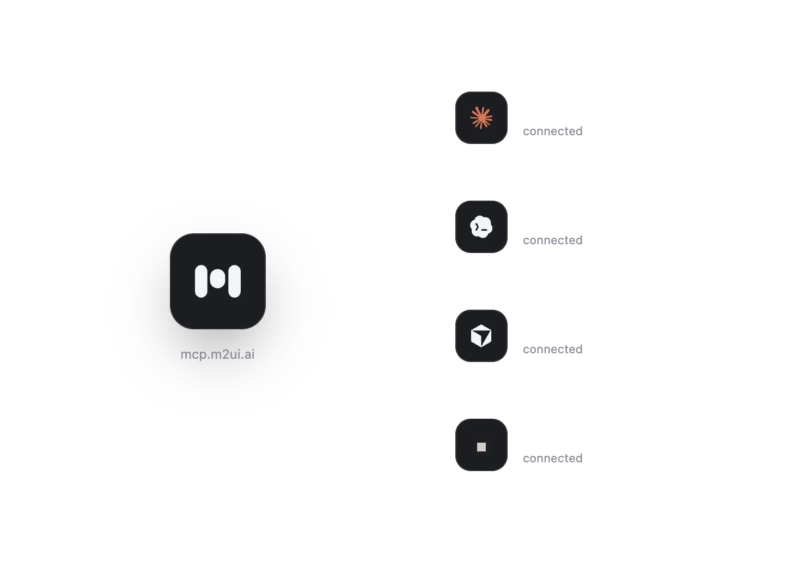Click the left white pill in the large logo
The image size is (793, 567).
pos(201,281)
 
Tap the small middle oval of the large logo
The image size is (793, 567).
pos(217,279)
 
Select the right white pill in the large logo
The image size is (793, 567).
pos(234,281)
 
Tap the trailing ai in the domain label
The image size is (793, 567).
pos(249,354)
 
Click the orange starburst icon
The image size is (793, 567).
pos(481,118)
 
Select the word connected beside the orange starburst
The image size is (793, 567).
pos(553,131)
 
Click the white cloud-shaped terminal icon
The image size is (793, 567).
pos(481,227)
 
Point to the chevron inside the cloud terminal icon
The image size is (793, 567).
pos(477,227)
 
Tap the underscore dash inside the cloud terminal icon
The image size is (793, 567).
pos(484,230)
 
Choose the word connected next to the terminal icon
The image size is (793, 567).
pos(553,240)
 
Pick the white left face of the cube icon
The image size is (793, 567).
pos(475,337)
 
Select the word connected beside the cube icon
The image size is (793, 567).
pos(553,349)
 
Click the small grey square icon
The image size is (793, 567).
pos(481,447)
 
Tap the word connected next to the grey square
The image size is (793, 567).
pos(553,458)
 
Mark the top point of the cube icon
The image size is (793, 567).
pos(481,324)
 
